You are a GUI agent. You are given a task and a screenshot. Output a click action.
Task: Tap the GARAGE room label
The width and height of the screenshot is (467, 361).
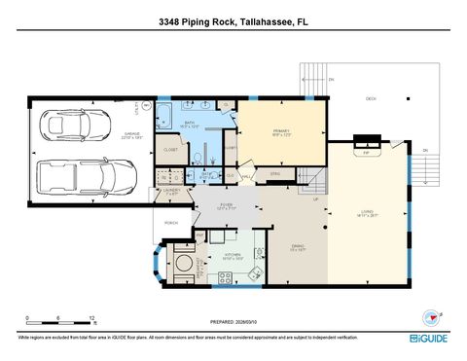[x=131, y=135]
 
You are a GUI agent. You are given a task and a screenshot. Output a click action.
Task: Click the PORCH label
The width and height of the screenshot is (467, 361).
[x=172, y=222]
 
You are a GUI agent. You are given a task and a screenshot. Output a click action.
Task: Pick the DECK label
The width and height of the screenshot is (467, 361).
[x=371, y=97]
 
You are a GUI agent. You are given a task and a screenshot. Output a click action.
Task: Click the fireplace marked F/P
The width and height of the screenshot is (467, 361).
[x=366, y=152]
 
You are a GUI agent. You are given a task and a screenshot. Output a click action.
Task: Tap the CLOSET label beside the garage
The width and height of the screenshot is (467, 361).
[x=170, y=149]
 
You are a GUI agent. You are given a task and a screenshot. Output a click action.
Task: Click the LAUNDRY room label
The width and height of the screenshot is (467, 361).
[x=171, y=193]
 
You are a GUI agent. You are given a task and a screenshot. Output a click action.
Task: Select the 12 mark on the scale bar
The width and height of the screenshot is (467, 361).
[x=90, y=317]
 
